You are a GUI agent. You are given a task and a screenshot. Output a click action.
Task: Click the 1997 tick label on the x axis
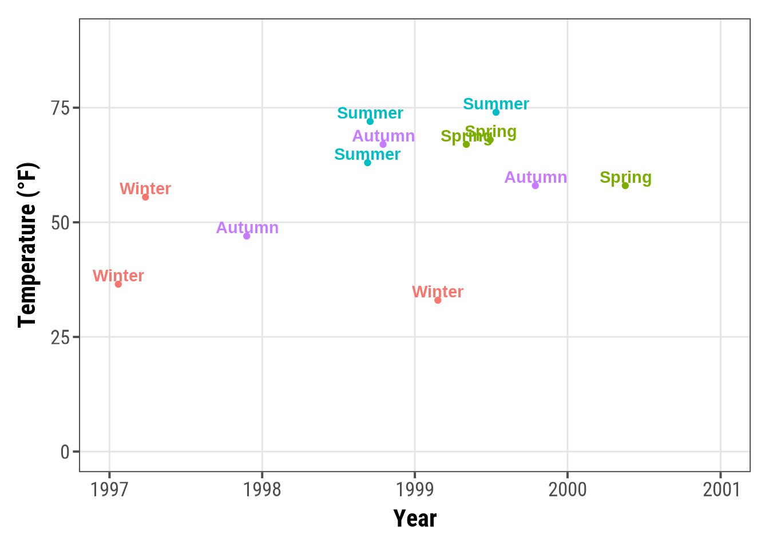[109, 490]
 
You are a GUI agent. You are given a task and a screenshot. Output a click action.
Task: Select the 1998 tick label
[262, 490]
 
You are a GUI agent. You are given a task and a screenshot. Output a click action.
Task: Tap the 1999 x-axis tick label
[415, 490]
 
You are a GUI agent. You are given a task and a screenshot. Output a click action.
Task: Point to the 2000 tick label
[568, 490]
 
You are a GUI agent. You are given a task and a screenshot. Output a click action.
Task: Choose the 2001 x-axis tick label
[721, 490]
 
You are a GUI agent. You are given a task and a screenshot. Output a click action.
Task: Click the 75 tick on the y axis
[60, 108]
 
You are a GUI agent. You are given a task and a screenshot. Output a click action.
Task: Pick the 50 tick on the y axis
[60, 222]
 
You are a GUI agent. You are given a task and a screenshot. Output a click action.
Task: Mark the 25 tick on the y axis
[60, 337]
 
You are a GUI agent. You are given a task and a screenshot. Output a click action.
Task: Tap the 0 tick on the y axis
[65, 452]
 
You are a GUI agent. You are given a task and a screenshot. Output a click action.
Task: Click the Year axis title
[415, 518]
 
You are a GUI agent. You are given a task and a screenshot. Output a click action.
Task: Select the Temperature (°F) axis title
[27, 245]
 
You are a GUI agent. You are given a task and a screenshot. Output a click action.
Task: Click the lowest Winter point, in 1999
[438, 300]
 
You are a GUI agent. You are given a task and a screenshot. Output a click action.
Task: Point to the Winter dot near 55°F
[145, 197]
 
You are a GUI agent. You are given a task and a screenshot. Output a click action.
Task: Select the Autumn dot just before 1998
[247, 236]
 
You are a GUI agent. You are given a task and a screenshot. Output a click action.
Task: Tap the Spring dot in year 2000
[625, 186]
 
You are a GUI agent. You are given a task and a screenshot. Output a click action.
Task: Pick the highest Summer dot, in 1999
[496, 112]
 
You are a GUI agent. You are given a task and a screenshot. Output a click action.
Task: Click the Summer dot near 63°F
[367, 163]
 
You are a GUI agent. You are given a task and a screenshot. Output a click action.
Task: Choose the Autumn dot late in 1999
[536, 186]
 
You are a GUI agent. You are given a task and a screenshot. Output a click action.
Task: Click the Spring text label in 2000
[625, 178]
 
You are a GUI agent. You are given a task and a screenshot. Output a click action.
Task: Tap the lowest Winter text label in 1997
[118, 276]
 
